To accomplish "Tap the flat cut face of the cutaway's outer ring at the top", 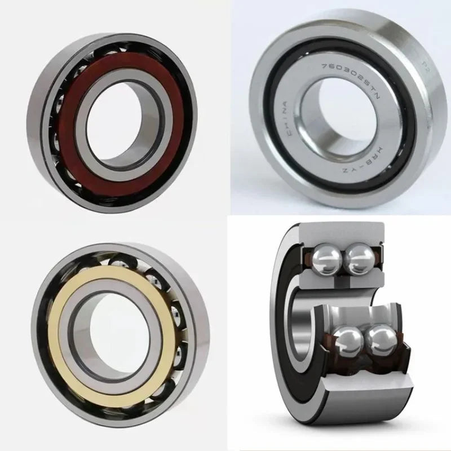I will click(x=344, y=231).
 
